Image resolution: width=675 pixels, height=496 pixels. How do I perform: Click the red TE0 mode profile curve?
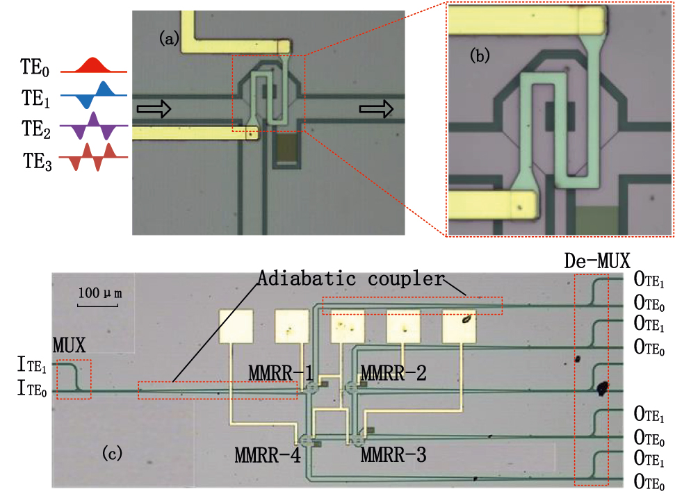93,66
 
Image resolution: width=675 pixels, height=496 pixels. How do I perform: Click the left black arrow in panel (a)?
154,108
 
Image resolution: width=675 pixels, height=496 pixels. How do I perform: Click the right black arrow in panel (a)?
376,108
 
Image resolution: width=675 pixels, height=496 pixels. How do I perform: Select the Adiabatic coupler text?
350,279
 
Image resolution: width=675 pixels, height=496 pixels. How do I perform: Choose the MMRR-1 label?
280,374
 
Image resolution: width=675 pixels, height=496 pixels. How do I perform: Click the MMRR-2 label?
394,374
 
